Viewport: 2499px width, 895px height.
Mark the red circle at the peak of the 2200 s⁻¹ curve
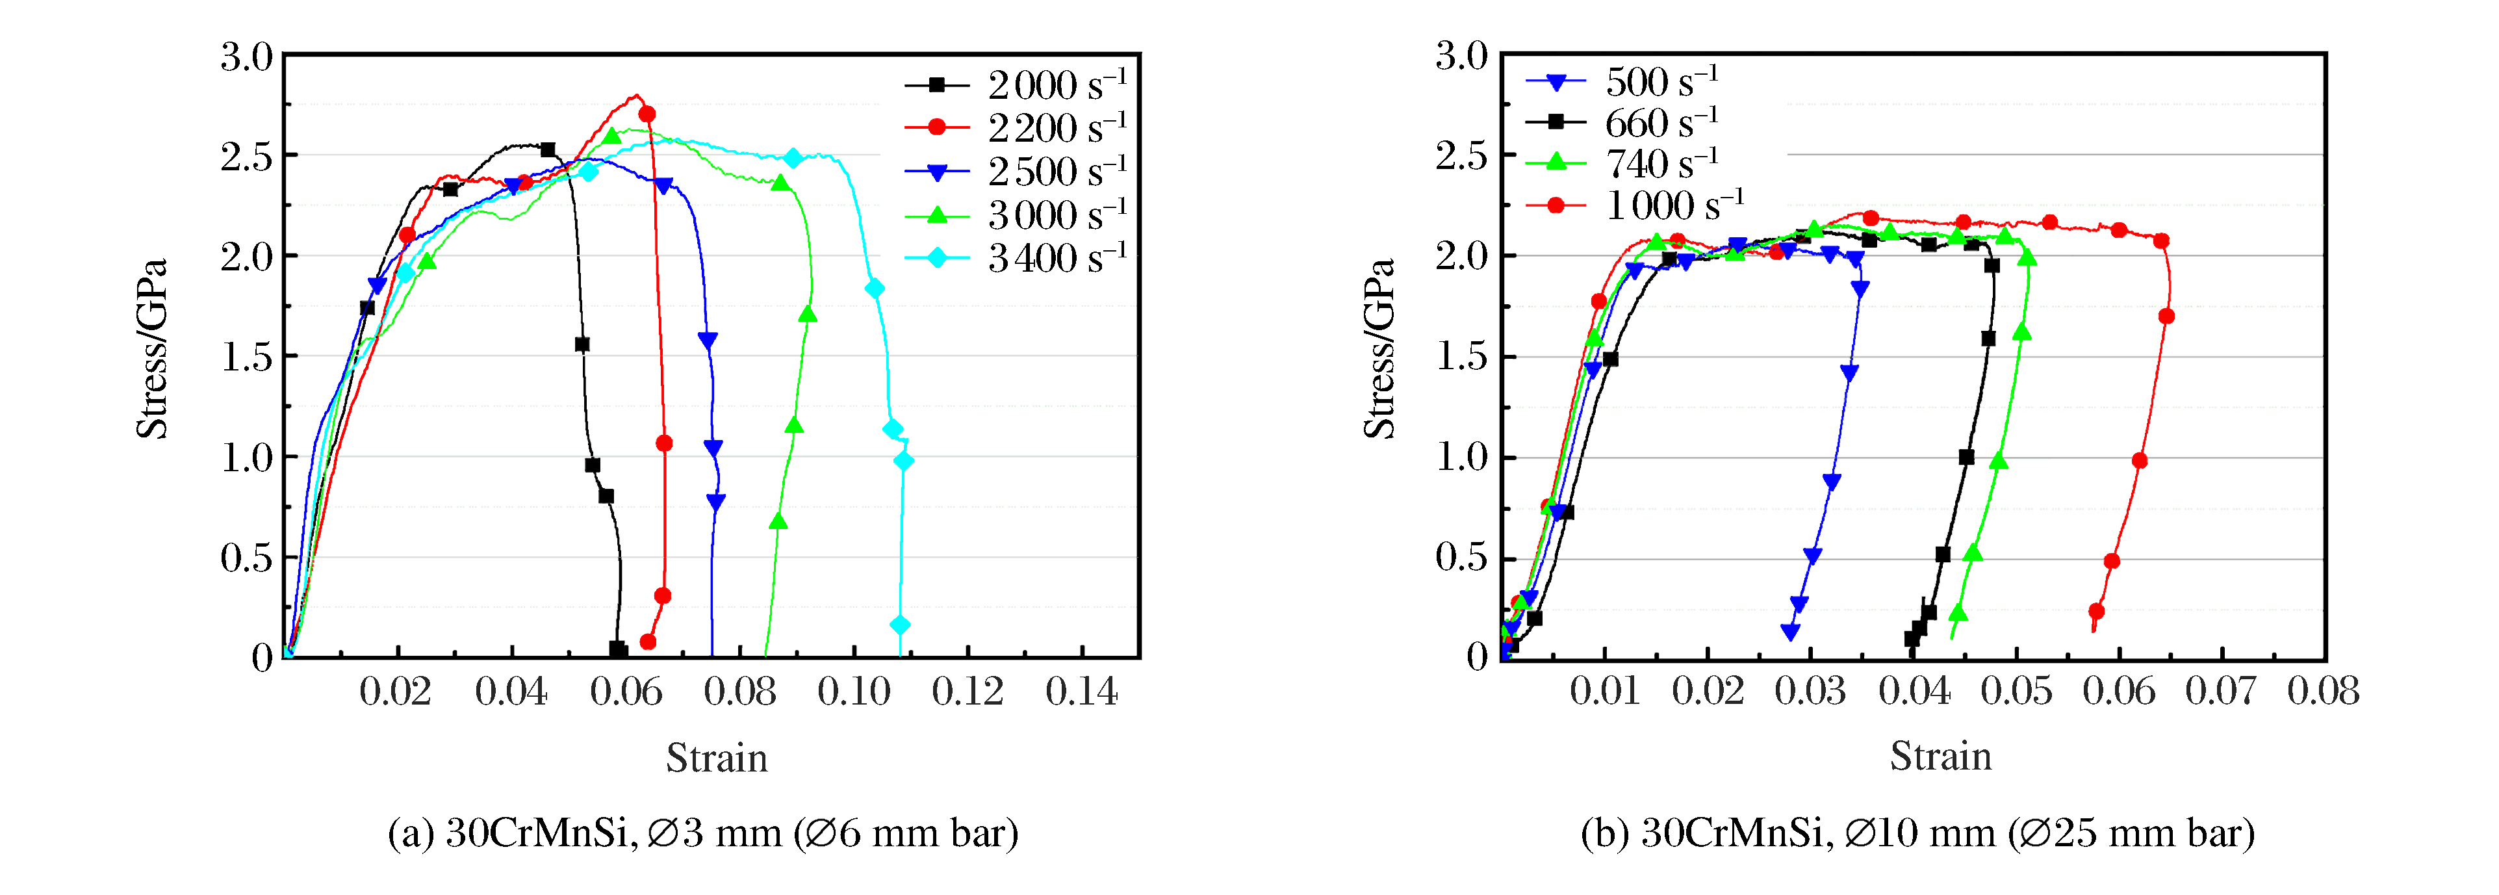647,114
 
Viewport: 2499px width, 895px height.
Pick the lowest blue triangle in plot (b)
1791,632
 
